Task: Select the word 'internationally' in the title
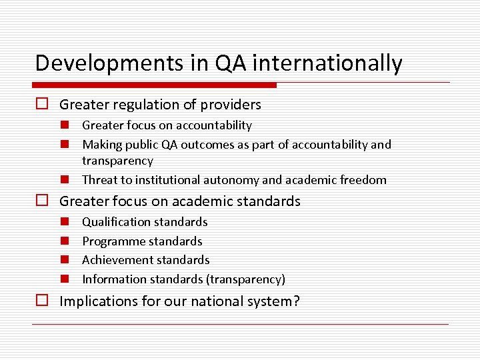[327, 63]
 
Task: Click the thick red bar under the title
[154, 85]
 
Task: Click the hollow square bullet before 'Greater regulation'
[43, 105]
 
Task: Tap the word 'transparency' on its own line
[117, 161]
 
